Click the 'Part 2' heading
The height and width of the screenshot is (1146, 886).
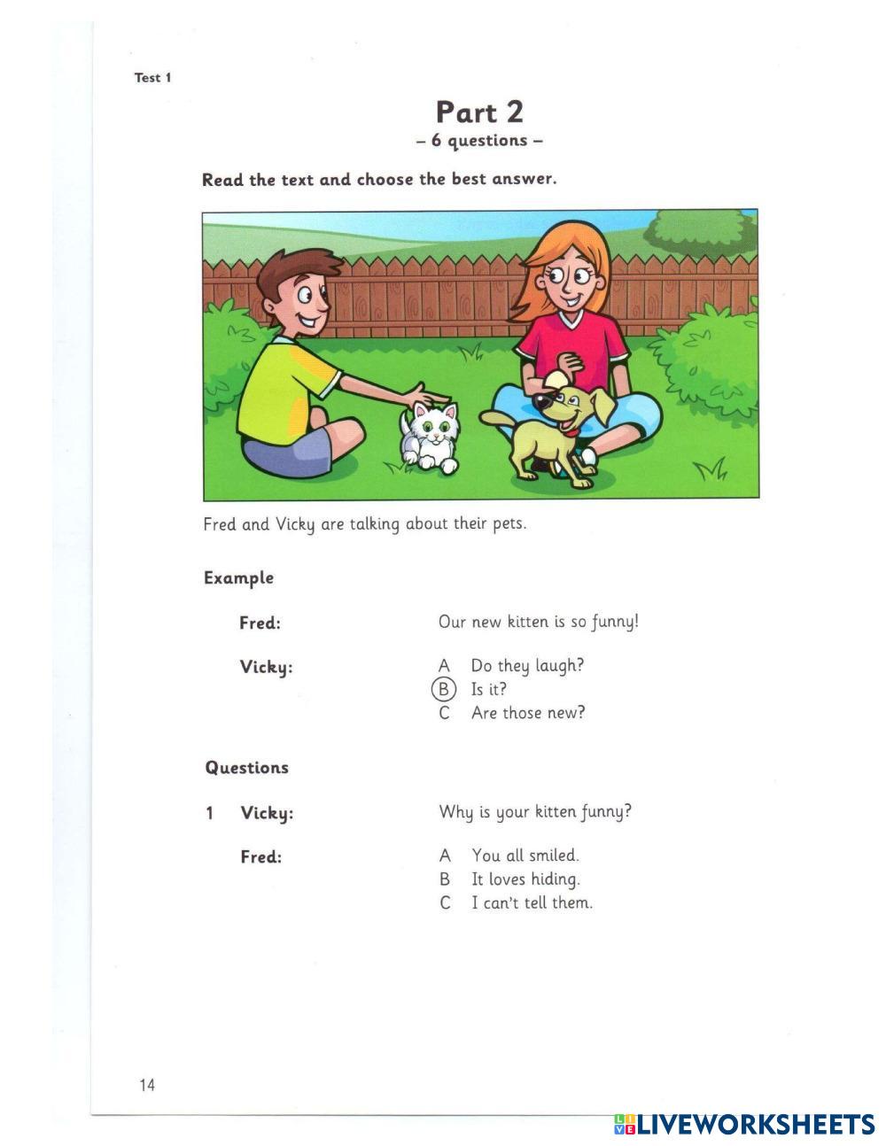click(479, 112)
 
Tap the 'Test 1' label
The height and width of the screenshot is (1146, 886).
click(152, 78)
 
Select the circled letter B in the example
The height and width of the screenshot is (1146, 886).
click(443, 689)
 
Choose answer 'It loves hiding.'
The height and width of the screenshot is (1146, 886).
click(525, 879)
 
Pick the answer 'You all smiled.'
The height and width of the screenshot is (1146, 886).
click(525, 856)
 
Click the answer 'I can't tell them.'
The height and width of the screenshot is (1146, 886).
click(532, 903)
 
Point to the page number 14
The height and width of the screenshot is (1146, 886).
click(147, 1085)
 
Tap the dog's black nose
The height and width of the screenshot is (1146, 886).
click(541, 401)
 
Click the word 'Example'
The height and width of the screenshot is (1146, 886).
click(238, 578)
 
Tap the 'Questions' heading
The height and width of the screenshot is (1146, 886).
click(246, 768)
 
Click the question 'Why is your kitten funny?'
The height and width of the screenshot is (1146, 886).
click(535, 812)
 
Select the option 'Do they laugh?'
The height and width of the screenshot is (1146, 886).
click(527, 665)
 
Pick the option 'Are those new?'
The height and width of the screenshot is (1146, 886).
click(528, 713)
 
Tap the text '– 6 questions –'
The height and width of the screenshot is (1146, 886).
click(478, 141)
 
